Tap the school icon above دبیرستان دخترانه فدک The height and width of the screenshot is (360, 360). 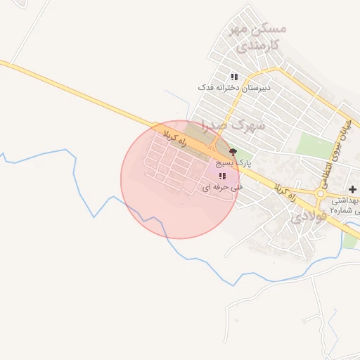click(x=234, y=77)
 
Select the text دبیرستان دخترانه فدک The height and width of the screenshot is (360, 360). click(x=234, y=87)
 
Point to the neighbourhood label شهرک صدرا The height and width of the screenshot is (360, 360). click(x=233, y=124)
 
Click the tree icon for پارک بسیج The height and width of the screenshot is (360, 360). click(x=233, y=151)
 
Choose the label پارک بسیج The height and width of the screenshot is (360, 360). click(x=233, y=162)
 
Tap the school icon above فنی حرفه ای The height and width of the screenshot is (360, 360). click(x=222, y=176)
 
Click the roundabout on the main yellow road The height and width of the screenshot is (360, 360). click(x=321, y=193)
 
